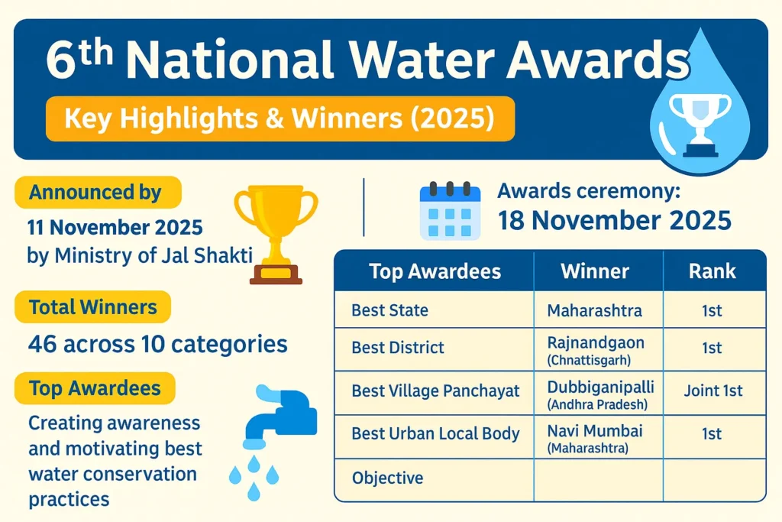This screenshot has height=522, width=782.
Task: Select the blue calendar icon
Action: tap(450, 210)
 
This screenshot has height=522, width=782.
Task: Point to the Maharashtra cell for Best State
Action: tap(594, 311)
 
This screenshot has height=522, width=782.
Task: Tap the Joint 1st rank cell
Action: tap(713, 391)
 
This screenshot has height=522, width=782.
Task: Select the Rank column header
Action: tap(712, 271)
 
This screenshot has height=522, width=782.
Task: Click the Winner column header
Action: tap(594, 271)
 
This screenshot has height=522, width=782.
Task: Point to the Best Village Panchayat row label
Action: tap(435, 391)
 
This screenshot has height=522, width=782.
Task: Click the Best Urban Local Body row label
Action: tap(435, 434)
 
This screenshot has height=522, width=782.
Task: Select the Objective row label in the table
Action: tap(387, 478)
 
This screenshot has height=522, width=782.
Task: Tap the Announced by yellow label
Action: tap(95, 193)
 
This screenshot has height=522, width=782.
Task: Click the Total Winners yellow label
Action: tap(92, 307)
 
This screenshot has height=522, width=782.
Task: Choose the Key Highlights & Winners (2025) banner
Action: tap(280, 118)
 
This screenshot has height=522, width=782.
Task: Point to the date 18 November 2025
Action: tap(615, 221)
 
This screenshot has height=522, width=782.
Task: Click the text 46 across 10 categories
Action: tap(157, 344)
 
